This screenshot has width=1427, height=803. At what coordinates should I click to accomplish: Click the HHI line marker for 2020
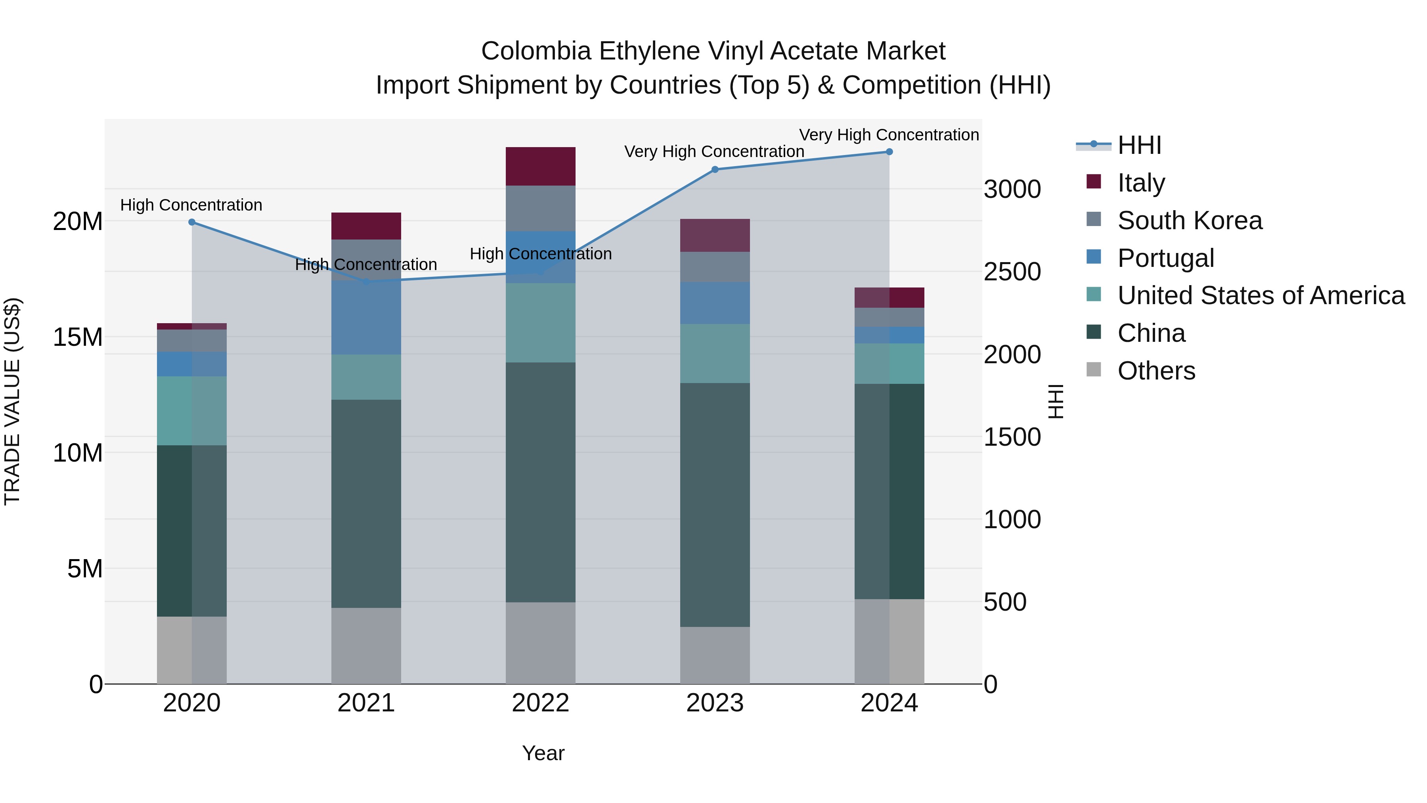192,222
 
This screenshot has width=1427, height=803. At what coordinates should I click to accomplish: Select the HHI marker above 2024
889,152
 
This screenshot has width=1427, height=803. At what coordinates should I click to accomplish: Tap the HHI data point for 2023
715,170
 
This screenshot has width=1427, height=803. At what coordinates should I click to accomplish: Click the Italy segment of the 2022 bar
540,166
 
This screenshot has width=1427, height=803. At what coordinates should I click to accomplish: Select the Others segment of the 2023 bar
715,655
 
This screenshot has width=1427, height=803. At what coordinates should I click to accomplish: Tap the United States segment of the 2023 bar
715,354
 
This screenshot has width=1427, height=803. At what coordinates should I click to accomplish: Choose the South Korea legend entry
1189,220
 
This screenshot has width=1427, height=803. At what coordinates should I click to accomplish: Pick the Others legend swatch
1094,370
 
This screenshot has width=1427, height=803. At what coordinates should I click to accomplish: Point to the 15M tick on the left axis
78,337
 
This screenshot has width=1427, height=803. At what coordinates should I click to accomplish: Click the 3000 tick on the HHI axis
1012,190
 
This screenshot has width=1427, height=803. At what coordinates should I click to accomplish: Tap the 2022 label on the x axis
540,703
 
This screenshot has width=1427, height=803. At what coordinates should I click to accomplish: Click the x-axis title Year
543,753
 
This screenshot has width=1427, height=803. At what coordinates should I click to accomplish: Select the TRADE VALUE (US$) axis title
12,401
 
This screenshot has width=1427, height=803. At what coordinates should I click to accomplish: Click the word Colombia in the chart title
536,51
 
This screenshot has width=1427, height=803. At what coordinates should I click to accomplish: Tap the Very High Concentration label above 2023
713,151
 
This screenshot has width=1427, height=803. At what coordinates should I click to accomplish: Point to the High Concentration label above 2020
191,205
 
